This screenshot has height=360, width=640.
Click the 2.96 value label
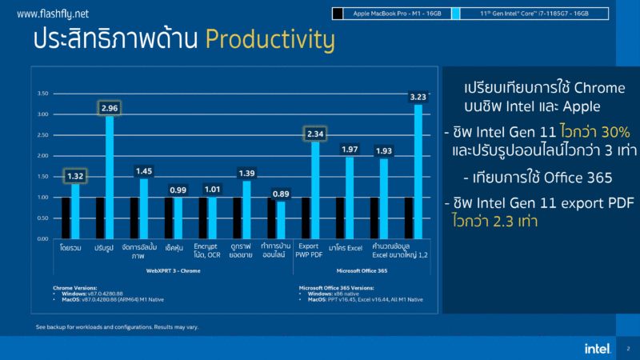110,107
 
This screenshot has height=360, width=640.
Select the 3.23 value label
418,97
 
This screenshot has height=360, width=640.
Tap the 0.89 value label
281,194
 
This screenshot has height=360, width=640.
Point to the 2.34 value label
314,134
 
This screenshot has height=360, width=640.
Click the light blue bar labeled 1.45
144,208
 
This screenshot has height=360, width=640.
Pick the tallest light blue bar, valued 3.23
418,171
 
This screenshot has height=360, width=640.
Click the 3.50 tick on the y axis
43,94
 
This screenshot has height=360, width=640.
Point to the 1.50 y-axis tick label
43,176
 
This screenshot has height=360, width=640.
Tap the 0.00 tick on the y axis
43,238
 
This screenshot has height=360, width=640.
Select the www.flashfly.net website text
53,14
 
